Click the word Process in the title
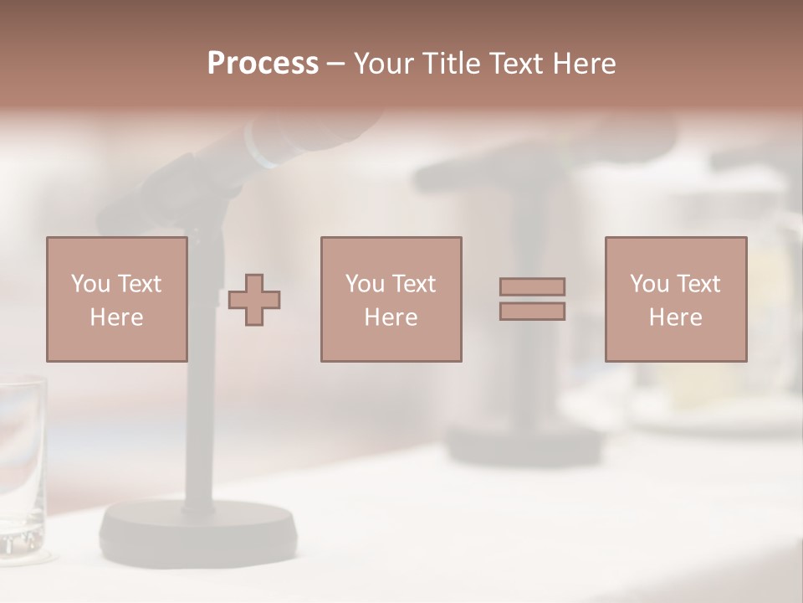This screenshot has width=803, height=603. click(263, 64)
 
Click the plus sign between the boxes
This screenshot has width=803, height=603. click(254, 300)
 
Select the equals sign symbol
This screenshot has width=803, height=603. click(532, 299)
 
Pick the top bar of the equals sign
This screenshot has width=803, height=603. click(532, 286)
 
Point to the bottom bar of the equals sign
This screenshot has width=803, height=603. click(532, 312)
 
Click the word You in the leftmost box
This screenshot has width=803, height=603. click(90, 284)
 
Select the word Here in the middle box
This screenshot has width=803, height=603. click(391, 317)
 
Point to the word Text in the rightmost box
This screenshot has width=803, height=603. click(697, 284)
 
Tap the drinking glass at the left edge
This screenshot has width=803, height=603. click(21, 469)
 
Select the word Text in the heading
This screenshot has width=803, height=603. click(513, 64)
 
